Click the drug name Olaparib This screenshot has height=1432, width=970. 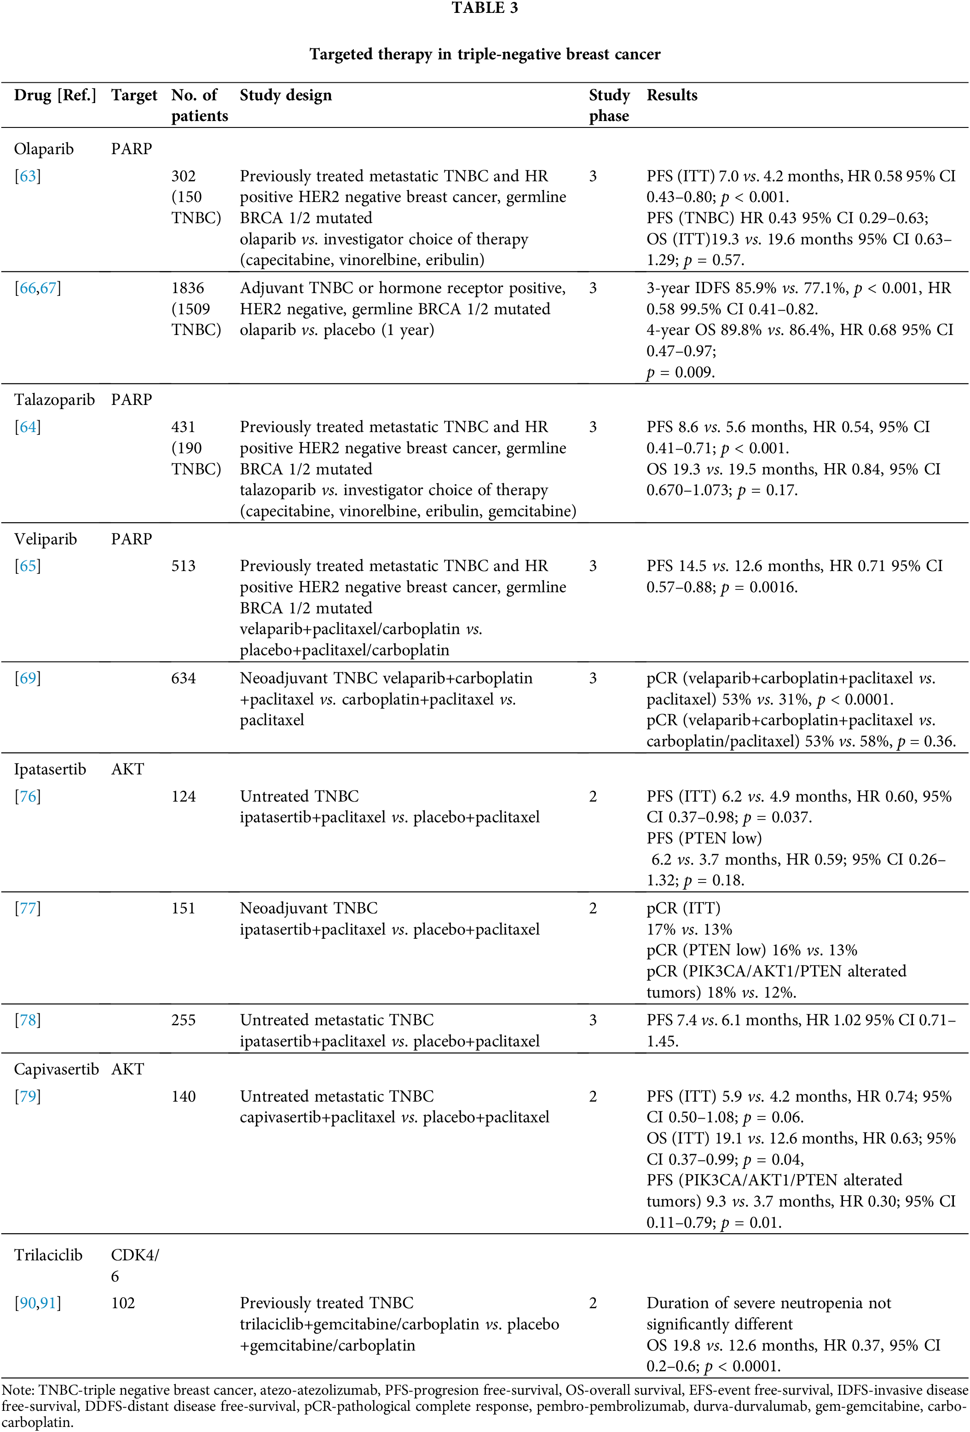pyautogui.click(x=44, y=149)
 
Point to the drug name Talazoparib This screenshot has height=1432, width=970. pyautogui.click(x=54, y=399)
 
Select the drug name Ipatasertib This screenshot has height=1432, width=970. pyautogui.click(x=50, y=769)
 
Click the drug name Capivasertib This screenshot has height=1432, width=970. pyautogui.click(x=56, y=1069)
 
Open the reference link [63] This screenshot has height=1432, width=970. pyautogui.click(x=28, y=176)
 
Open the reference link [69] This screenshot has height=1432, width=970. pyautogui.click(x=28, y=678)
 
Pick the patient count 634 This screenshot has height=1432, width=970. pyautogui.click(x=183, y=678)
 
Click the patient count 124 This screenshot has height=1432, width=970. pyautogui.click(x=183, y=796)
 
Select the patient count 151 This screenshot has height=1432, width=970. pyautogui.click(x=183, y=908)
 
